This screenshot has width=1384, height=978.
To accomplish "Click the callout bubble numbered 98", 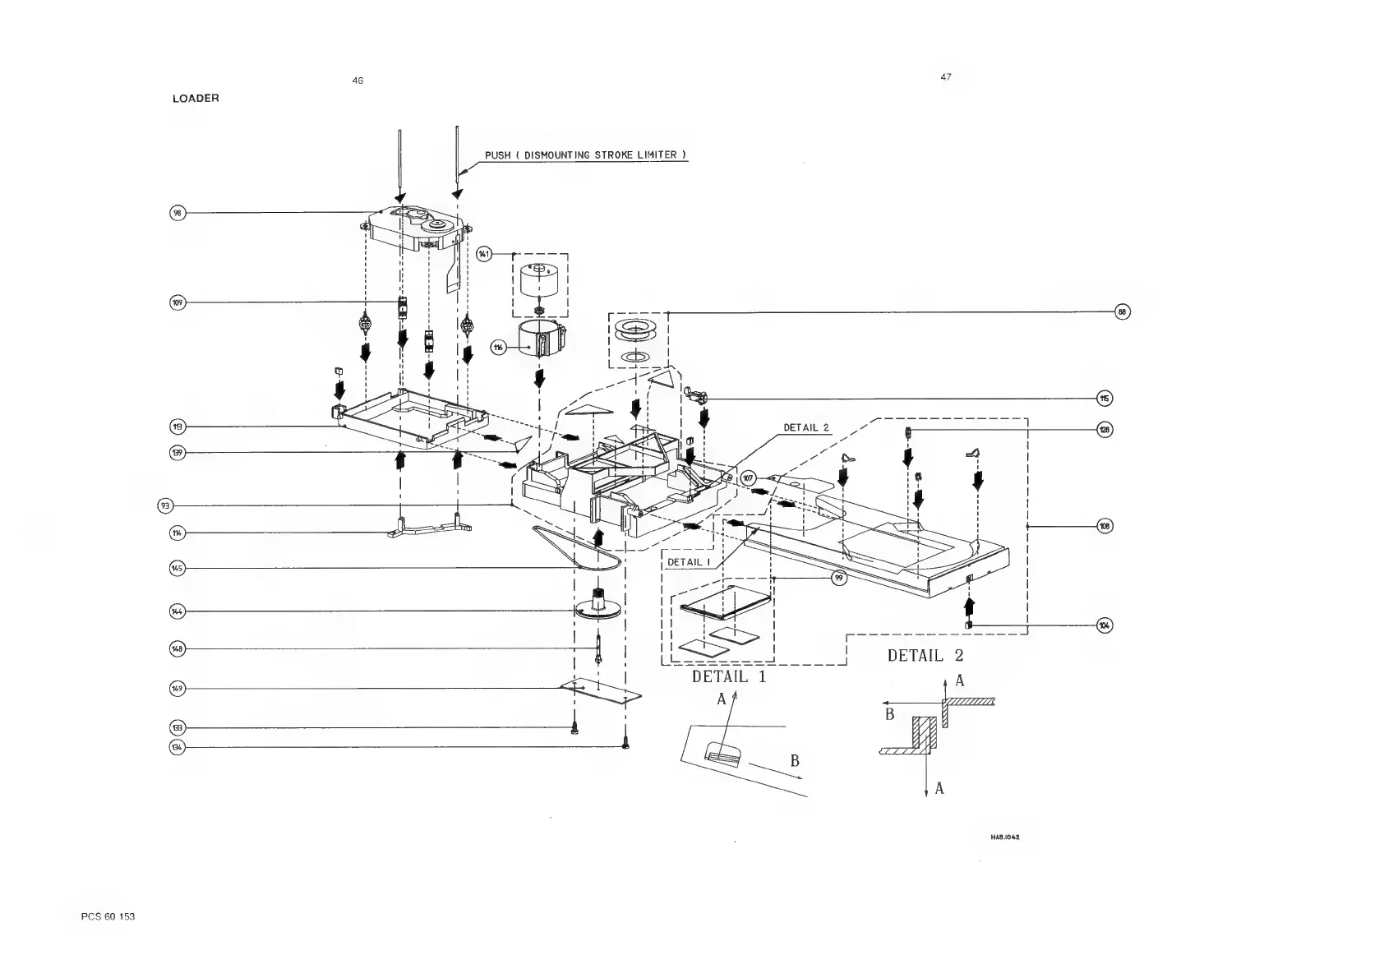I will click(178, 213).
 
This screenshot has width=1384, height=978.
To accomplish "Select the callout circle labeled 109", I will click(178, 302).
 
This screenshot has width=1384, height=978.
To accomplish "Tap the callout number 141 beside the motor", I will click(484, 254).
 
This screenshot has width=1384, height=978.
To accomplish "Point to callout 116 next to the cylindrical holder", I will click(499, 348).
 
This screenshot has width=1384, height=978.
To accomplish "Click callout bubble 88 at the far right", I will click(1123, 311).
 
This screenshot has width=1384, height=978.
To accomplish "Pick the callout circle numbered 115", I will click(1105, 399).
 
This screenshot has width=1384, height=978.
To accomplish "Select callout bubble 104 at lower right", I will click(1105, 625).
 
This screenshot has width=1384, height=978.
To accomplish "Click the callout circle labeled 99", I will click(838, 579).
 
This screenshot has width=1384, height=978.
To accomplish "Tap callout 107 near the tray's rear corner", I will click(748, 478).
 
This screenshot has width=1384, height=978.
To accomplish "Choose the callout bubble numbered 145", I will click(178, 568).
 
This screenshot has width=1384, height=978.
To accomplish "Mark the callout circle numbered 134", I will click(178, 747).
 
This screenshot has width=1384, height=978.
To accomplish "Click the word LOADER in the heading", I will click(196, 99).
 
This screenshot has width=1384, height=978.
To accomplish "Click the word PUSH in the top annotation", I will click(497, 155).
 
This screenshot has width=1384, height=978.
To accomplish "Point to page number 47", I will click(946, 77).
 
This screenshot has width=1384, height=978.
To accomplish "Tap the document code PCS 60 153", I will click(108, 916).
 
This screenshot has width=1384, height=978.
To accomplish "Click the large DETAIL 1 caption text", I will click(728, 677).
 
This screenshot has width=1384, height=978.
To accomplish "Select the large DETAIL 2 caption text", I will click(925, 656).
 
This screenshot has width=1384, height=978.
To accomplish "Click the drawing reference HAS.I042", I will click(1005, 837).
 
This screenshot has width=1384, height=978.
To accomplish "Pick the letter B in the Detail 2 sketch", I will click(889, 715).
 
